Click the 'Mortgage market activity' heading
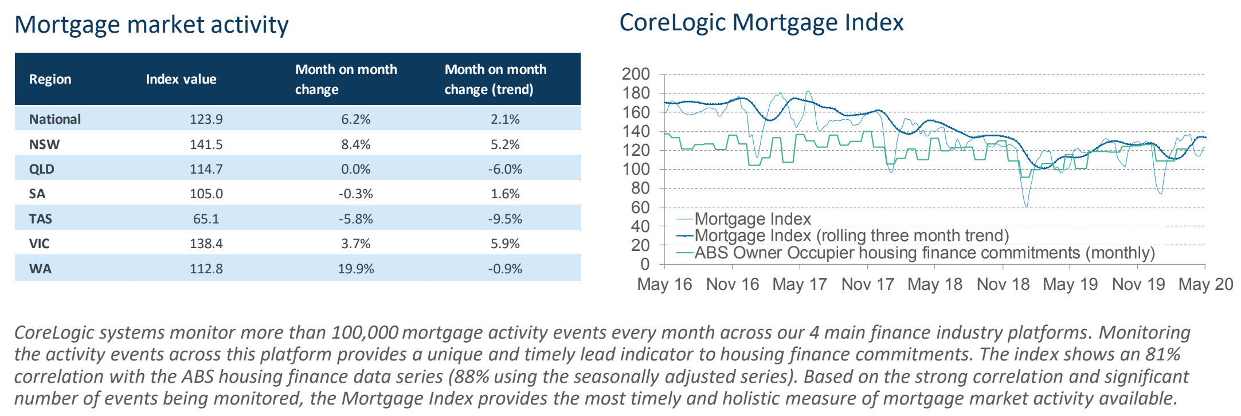coord(151,25)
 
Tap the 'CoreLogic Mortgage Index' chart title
coord(761,23)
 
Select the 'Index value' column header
coord(181,79)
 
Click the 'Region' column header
coord(50,79)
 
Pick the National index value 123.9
coord(206,119)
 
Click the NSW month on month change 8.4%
coord(356,144)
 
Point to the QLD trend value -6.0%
coord(505,169)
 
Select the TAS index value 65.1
coord(206,219)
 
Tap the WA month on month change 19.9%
coord(356,269)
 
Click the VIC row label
coord(40,244)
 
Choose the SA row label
coord(37,194)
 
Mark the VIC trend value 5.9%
coord(505,244)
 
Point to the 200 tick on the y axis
coord(636,74)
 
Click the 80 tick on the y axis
coord(640,188)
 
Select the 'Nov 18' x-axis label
coord(1003,284)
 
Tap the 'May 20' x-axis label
coord(1205,284)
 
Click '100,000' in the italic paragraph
coord(365,332)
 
